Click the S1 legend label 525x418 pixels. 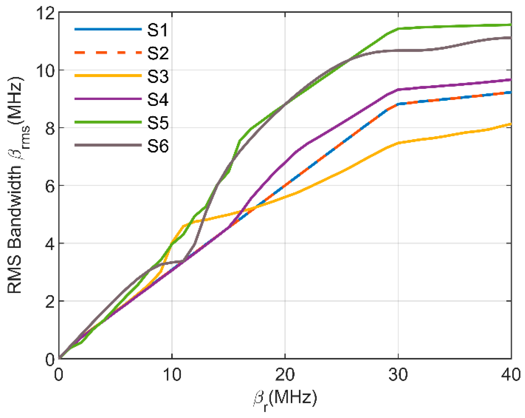click(158, 30)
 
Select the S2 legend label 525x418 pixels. click(158, 53)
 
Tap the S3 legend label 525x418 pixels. click(158, 76)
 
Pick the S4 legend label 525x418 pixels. click(158, 100)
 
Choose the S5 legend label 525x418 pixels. click(158, 123)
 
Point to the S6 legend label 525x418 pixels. click(158, 146)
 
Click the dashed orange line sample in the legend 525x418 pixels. click(108, 53)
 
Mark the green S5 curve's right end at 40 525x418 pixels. click(510, 25)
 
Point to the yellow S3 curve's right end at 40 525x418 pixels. click(510, 124)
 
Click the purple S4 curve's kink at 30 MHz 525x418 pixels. click(398, 89)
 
